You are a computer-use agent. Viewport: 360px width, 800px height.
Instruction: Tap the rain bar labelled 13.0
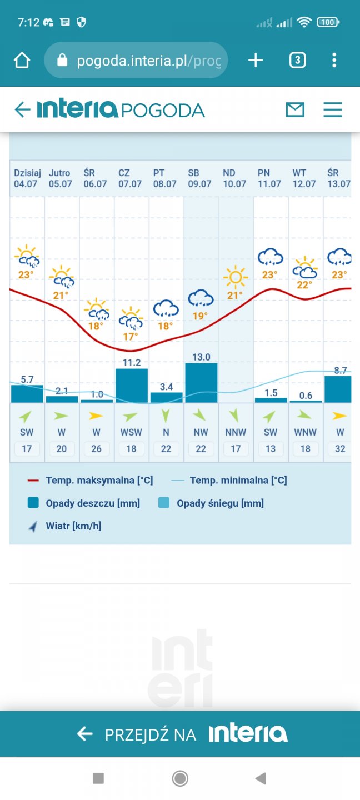(x=201, y=383)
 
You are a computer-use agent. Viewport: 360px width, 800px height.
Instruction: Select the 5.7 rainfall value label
(x=27, y=380)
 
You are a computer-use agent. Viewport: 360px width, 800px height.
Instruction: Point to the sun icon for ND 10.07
(x=236, y=276)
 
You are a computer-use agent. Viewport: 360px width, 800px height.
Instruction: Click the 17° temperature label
(x=131, y=337)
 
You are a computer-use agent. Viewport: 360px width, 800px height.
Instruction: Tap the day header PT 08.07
(x=165, y=178)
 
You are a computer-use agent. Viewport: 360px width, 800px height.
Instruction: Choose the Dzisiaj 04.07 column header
(x=26, y=178)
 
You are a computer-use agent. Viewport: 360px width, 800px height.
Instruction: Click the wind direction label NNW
(x=236, y=432)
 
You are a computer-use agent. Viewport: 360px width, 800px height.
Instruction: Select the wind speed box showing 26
(x=96, y=448)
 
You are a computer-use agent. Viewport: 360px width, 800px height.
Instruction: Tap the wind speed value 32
(x=340, y=448)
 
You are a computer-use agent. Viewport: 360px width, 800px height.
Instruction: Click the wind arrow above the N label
(x=166, y=416)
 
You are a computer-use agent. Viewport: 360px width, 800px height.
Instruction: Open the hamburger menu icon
(x=333, y=109)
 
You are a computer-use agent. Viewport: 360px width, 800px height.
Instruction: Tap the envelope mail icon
(x=295, y=109)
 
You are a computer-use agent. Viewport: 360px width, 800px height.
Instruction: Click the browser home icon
(x=22, y=60)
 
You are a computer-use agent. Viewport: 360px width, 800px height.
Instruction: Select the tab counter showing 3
(x=297, y=60)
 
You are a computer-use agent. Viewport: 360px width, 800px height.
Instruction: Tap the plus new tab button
(x=255, y=60)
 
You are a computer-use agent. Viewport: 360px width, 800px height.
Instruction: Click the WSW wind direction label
(x=131, y=432)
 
